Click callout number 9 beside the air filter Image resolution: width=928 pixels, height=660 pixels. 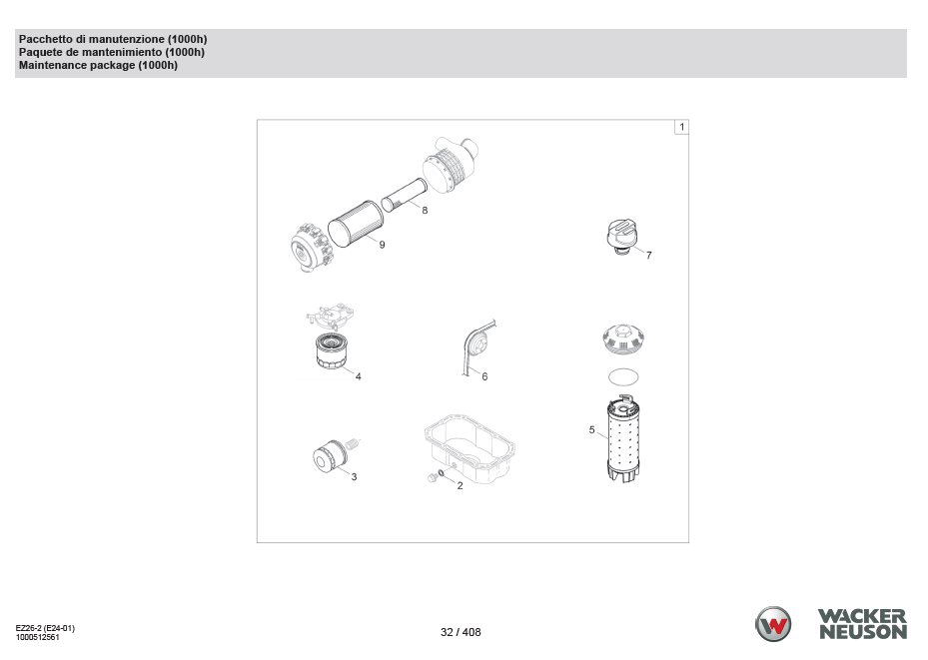(382, 245)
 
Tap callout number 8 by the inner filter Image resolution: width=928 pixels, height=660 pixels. (425, 210)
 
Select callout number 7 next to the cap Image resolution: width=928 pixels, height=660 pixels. (648, 255)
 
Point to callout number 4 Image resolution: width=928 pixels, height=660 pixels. (358, 376)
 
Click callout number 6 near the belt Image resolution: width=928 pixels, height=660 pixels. (484, 376)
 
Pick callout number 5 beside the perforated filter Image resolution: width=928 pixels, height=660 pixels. (591, 430)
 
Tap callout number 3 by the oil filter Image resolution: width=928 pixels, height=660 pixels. (354, 476)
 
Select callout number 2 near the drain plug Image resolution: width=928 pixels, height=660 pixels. (460, 486)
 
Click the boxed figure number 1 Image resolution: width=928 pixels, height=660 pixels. (682, 127)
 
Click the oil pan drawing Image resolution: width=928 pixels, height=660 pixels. (470, 449)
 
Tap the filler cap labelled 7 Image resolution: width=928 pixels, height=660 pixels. (621, 237)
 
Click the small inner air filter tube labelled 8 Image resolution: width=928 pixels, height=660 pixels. (404, 195)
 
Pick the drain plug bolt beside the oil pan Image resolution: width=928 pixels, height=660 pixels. (433, 477)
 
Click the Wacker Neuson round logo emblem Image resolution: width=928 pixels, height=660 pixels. (773, 624)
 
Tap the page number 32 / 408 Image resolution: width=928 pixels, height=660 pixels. (462, 632)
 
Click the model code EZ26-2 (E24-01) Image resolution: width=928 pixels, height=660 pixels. (45, 628)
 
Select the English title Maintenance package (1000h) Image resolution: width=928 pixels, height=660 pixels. (98, 65)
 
